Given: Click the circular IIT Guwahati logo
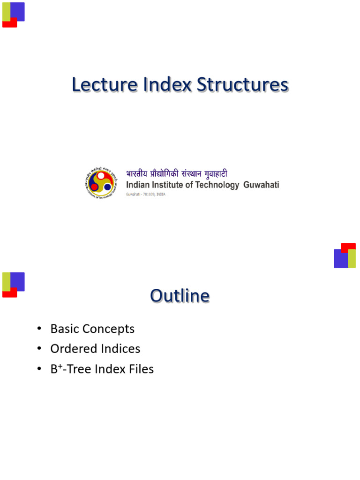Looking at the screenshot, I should pos(100,182).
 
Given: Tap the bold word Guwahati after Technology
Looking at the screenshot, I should pos(261,185).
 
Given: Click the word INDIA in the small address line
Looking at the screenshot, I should pos(160,194).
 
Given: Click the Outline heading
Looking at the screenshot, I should pos(180,296).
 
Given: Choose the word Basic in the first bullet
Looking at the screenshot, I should pos(65,329).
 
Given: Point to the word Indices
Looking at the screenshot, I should pos(117,349).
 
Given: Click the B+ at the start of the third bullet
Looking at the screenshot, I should pos(56,369).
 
